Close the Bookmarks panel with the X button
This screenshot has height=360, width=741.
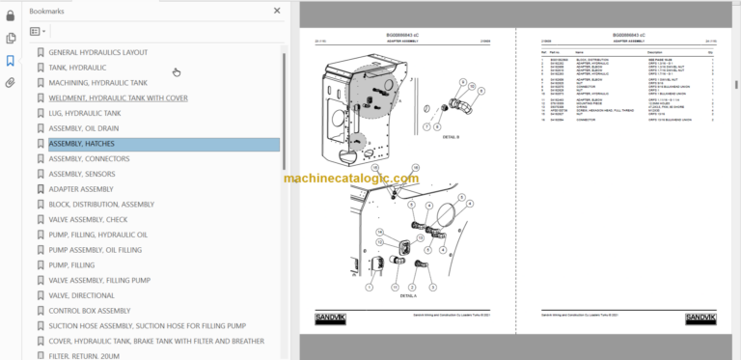(277, 11)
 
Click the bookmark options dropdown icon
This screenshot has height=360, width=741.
(39, 31)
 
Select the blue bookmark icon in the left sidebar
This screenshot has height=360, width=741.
(11, 60)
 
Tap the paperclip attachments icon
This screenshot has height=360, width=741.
(11, 82)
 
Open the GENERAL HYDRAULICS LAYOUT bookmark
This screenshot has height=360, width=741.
(97, 52)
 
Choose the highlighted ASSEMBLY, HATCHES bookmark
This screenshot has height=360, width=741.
(81, 144)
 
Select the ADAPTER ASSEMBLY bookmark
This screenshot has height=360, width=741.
(80, 189)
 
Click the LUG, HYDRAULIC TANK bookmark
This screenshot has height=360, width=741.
(84, 113)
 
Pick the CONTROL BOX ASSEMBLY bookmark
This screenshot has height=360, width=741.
(89, 311)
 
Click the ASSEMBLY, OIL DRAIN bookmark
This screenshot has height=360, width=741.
(84, 128)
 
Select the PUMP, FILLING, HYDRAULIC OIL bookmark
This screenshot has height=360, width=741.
(97, 235)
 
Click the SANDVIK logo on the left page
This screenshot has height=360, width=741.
(330, 317)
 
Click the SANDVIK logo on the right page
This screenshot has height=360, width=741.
(701, 317)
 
